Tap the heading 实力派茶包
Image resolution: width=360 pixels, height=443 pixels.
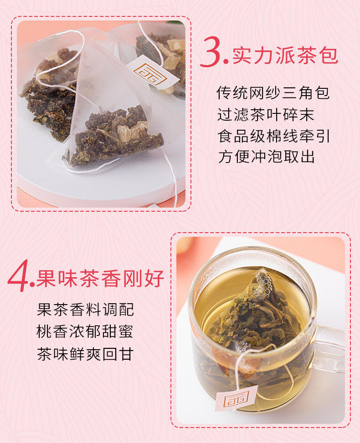tap(285, 56)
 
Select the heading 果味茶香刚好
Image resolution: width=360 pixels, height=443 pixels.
tap(100, 279)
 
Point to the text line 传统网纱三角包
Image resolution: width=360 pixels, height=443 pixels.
tap(273, 93)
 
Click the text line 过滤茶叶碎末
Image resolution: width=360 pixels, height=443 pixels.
tap(266, 114)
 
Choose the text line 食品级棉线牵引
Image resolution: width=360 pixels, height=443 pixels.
tap(273, 136)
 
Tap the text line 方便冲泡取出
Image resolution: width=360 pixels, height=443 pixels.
tap(266, 157)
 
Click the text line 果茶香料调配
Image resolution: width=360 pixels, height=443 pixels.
tap(85, 310)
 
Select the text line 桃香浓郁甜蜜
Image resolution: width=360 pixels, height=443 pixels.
tap(85, 331)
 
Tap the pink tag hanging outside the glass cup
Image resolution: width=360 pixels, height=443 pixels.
tap(236, 397)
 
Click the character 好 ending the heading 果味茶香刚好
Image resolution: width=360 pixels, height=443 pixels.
tap(154, 279)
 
